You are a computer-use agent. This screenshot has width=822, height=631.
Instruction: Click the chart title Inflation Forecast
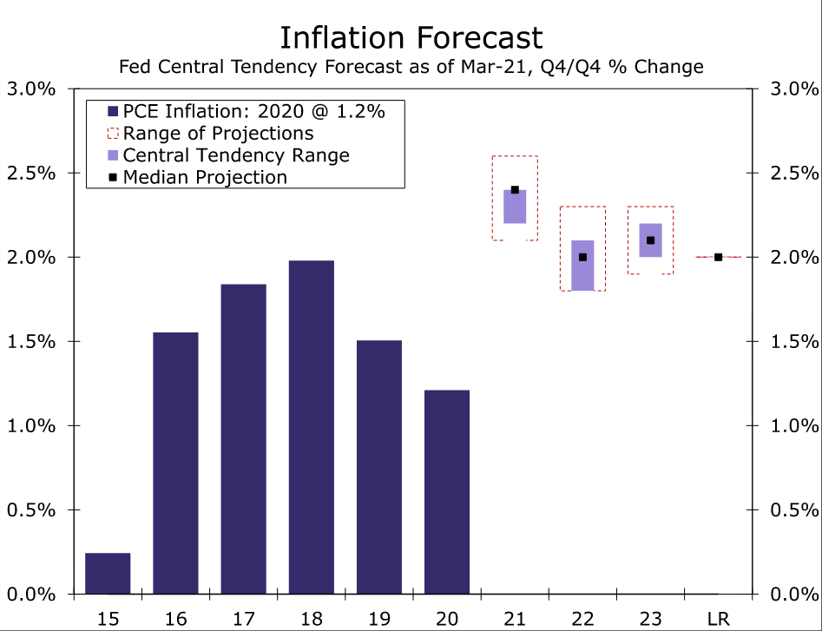411,37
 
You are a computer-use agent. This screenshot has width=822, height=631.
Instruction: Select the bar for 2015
108,574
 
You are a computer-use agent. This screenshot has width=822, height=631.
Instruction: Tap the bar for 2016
175,463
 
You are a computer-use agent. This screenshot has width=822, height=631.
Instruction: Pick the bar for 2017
243,439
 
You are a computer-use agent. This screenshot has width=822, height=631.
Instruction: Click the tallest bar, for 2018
311,427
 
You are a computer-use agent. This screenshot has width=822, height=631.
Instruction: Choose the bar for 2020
446,492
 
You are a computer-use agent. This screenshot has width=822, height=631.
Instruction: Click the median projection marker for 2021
515,190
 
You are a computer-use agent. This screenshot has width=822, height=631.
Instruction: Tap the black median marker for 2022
582,257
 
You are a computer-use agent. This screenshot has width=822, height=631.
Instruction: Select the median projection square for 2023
650,240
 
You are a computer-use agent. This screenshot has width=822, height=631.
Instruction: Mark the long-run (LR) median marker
718,257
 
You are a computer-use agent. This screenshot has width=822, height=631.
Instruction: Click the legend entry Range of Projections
218,134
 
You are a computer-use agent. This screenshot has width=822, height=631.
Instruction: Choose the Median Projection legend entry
205,178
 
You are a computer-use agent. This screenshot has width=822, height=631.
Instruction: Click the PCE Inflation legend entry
253,111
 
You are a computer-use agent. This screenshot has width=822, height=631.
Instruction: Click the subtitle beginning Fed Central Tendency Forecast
411,66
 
